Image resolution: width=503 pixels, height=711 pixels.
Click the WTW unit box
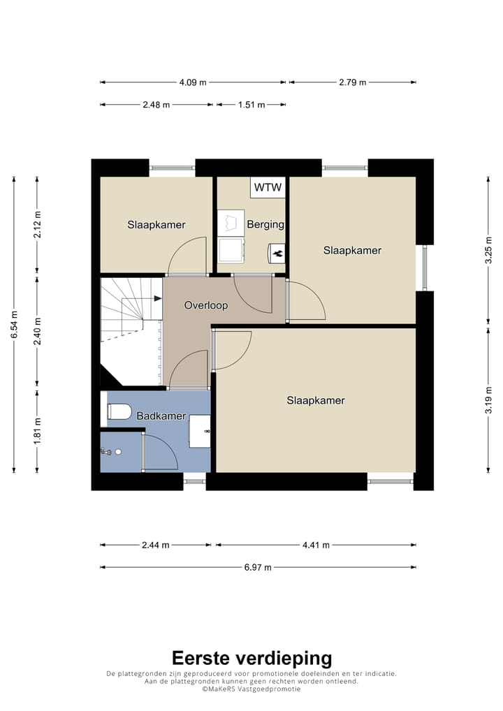268,187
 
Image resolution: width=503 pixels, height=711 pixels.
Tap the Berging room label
265,224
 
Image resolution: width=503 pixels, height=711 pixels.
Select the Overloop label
206,305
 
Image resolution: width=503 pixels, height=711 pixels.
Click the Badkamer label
161,416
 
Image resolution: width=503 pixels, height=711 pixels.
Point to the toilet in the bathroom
119,412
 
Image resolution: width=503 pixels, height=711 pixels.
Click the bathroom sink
200,431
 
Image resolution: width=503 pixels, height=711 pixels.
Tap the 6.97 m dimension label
258,567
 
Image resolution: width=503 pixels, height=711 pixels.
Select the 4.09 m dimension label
193,82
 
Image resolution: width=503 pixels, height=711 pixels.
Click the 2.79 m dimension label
352,82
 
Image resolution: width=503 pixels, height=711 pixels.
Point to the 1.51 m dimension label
251,105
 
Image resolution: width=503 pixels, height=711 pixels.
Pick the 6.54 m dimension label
14,324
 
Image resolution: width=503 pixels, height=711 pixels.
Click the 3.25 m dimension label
488,250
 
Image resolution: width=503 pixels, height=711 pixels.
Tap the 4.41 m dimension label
316,545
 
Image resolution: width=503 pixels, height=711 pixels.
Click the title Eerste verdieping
251,658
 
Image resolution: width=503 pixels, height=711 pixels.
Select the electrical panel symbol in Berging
277,253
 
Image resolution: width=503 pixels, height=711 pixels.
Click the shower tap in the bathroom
105,452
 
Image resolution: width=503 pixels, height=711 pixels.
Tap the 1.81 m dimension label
37,431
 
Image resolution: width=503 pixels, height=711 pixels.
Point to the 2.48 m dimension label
156,105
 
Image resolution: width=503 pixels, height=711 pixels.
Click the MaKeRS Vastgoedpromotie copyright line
251,689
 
